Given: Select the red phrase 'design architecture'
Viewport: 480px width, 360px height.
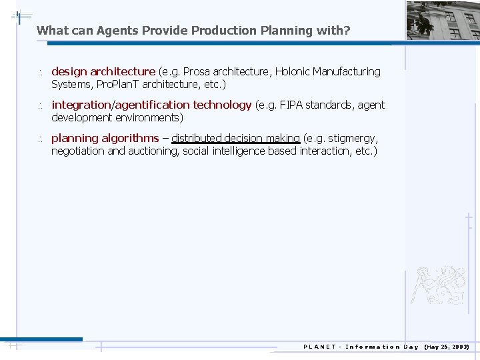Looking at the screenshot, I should tap(103, 71).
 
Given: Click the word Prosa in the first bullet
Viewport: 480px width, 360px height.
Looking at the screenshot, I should tap(197, 71).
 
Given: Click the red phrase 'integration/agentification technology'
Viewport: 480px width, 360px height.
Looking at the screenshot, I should tap(151, 105).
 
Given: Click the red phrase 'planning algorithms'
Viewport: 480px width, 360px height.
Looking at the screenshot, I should tap(105, 138).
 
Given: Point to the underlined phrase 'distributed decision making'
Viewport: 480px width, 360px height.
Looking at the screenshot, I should tap(235, 138).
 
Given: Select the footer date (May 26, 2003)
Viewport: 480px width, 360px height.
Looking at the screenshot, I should tap(447, 347).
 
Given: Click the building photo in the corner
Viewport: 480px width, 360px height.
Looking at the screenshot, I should tap(443, 20).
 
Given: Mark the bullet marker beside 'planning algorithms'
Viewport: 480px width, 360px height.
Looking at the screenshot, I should tap(40, 139).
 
